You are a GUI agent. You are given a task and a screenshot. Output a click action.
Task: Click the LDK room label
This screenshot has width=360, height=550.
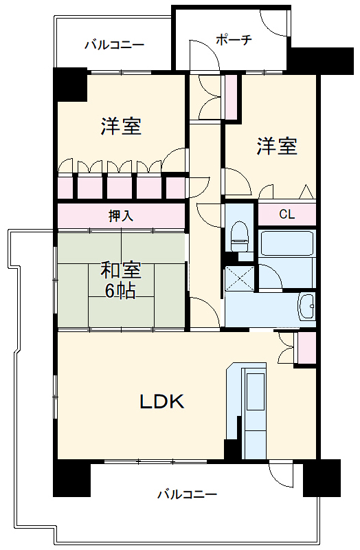(162, 401)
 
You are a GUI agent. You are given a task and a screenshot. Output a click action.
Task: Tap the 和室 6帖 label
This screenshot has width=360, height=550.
(121, 280)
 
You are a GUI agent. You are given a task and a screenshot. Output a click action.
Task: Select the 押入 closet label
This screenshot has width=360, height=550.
(121, 216)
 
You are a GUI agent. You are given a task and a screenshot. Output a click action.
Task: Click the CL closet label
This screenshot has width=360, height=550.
(286, 214)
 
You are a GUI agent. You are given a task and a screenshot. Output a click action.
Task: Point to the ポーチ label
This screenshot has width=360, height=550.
(234, 39)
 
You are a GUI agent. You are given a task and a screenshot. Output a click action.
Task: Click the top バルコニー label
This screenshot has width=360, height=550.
(115, 45)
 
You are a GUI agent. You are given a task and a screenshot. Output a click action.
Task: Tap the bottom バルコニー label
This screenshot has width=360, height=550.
(187, 494)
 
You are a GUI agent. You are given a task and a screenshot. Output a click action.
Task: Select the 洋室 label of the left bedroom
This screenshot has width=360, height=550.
(121, 126)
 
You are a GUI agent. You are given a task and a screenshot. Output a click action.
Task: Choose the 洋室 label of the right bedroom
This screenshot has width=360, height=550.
(277, 146)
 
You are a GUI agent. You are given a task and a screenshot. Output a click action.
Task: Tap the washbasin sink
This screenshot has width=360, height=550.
(306, 306)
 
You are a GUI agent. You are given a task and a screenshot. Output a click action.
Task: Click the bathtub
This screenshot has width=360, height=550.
(286, 244)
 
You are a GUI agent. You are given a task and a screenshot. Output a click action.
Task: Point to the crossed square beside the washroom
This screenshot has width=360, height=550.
(239, 279)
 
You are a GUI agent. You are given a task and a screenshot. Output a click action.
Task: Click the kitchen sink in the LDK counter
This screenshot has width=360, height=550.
(255, 391)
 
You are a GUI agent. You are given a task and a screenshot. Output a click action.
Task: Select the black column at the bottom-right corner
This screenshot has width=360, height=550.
(322, 478)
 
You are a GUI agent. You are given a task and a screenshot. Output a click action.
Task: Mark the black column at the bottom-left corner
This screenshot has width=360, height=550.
(71, 478)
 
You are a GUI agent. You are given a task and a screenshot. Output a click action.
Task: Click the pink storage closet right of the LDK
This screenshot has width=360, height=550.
(306, 348)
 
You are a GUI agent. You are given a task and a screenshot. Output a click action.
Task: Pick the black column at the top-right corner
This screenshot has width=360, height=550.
(322, 60)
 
